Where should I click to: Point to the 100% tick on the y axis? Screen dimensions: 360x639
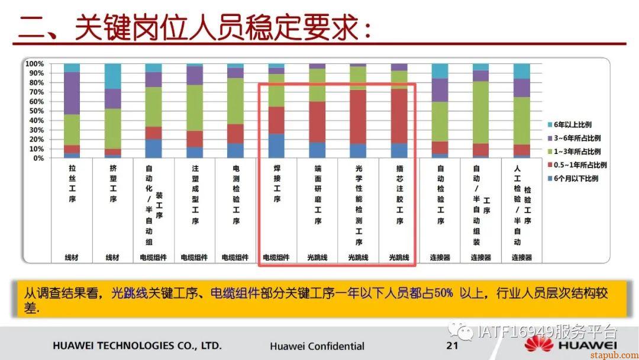click(35, 63)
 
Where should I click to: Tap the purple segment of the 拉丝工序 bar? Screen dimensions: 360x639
click(72, 93)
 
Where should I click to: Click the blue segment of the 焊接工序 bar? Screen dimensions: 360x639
click(276, 146)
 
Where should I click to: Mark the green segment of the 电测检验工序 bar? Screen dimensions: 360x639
click(235, 101)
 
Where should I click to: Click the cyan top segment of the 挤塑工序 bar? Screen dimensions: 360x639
click(112, 76)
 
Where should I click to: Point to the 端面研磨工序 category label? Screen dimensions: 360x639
click(318, 195)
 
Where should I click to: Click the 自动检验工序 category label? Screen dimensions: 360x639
click(440, 195)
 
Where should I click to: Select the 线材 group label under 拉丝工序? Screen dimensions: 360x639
click(72, 257)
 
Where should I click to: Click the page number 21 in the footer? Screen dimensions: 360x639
click(453, 345)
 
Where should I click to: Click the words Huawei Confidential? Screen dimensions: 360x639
click(317, 346)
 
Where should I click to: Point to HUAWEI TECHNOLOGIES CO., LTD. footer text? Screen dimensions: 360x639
click(137, 345)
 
